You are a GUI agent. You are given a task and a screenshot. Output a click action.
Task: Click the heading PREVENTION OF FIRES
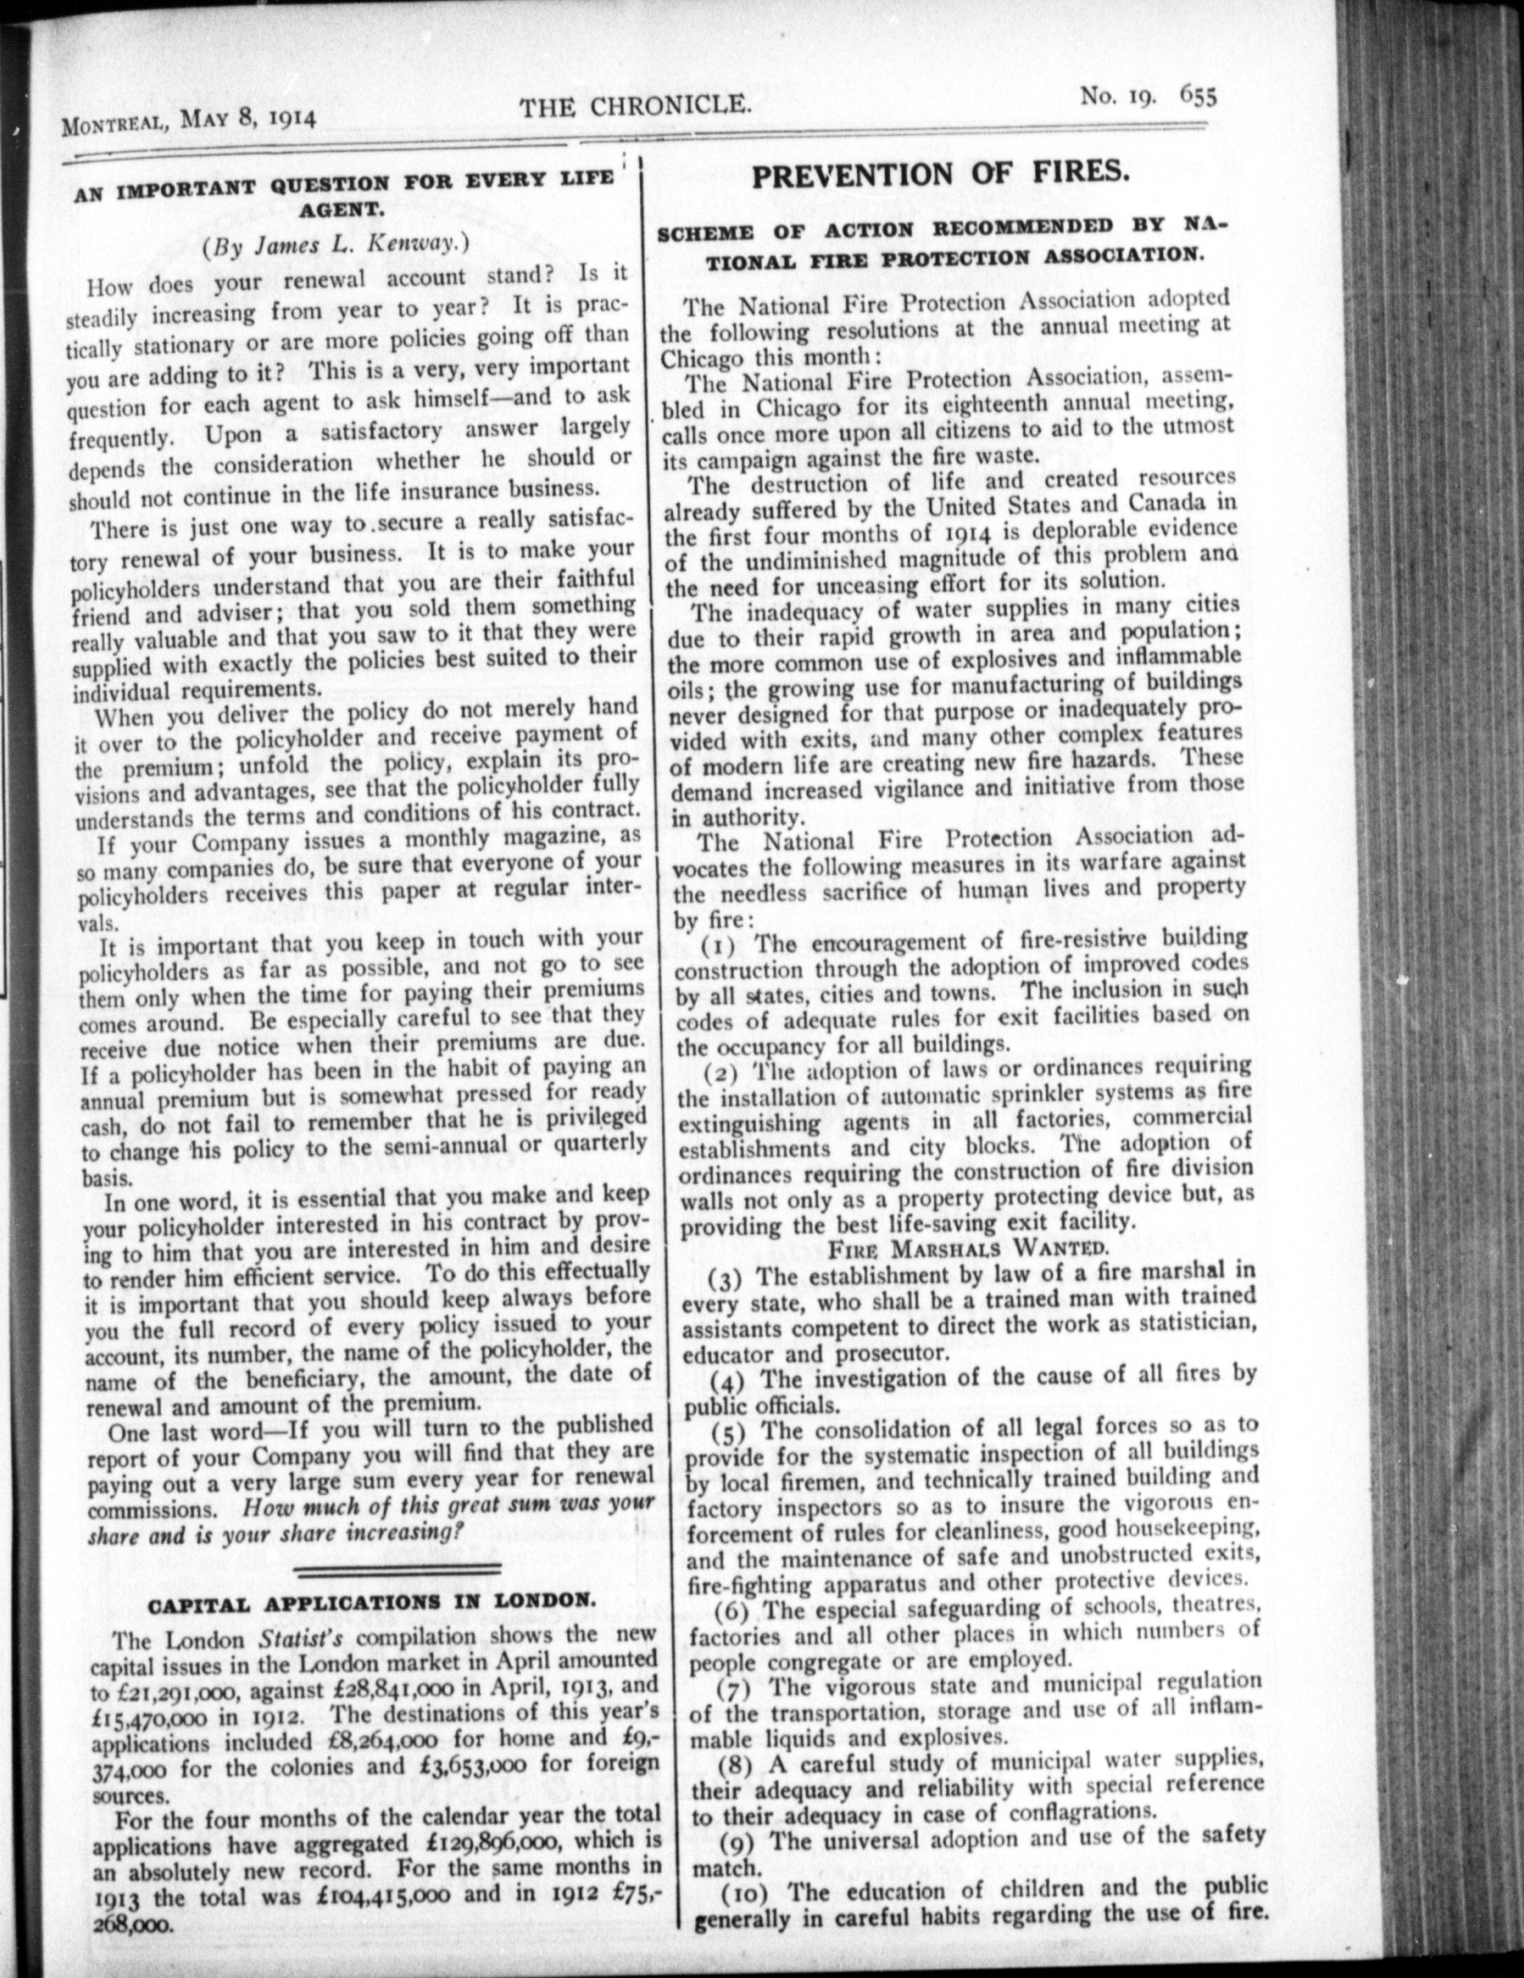click(x=940, y=173)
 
